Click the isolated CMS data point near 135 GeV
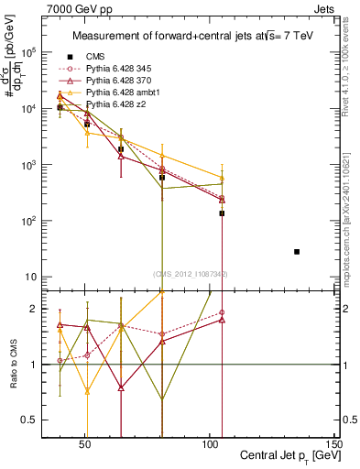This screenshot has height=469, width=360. coord(297,251)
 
